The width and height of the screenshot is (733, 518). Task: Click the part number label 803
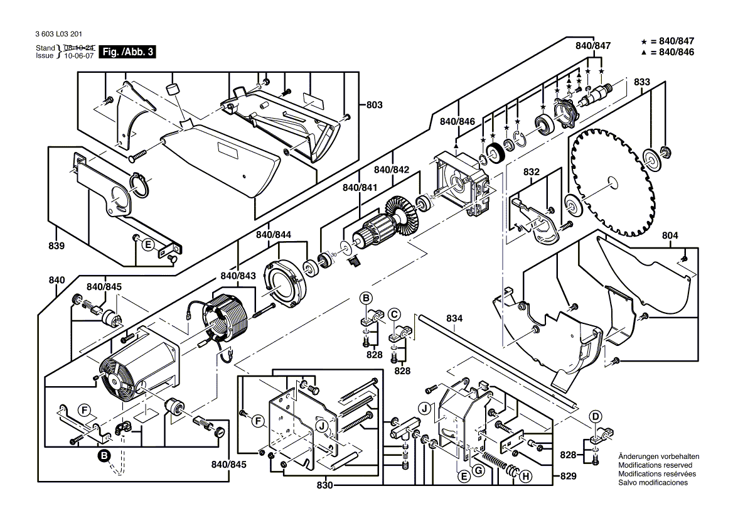374,105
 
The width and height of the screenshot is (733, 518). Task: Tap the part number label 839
56,246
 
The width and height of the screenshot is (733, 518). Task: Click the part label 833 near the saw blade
641,82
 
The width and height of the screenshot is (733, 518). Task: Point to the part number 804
670,235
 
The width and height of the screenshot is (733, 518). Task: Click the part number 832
532,171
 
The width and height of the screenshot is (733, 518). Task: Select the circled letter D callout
596,416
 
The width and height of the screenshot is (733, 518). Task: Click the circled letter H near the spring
525,477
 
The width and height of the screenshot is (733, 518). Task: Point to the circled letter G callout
478,470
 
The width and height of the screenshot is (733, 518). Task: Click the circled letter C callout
394,313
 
